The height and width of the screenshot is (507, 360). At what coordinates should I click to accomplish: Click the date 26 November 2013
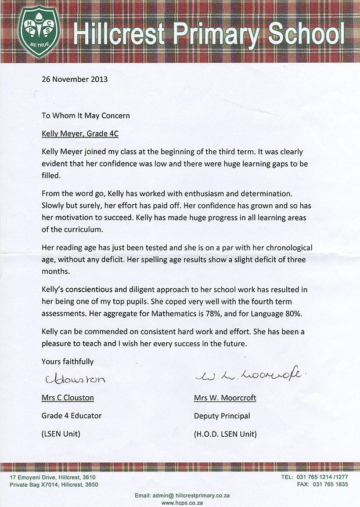coord(74,79)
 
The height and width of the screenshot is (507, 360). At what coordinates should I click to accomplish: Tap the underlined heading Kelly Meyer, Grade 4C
coord(80,133)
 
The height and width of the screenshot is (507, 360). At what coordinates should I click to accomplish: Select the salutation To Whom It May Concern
coord(86,115)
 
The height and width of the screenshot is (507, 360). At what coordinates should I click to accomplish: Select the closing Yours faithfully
coord(67,361)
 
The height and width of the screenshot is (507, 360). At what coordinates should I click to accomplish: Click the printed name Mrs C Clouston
coord(67,398)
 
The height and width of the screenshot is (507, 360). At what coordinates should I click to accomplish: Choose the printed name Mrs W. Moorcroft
coord(225,398)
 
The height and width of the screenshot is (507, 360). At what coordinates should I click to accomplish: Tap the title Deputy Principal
coord(222,415)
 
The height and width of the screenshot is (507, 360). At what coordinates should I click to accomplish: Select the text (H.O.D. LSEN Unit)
coord(225,434)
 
